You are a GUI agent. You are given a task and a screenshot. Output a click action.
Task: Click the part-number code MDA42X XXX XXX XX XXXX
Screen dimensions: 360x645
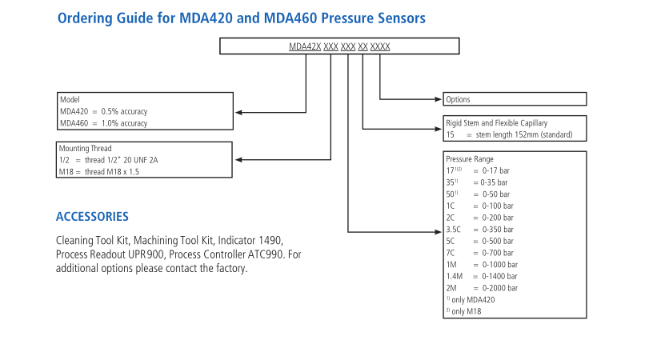tap(339, 47)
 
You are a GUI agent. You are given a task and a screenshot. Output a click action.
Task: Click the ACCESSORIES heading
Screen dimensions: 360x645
tap(92, 217)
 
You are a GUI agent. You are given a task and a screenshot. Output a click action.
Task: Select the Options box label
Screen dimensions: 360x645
tap(459, 99)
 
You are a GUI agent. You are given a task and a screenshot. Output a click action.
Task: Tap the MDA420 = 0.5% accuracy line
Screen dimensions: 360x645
tap(103, 111)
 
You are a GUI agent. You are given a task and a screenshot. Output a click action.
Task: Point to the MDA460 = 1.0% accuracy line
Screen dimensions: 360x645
tap(103, 123)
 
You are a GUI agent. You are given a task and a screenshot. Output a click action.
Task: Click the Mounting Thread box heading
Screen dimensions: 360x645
tap(85, 149)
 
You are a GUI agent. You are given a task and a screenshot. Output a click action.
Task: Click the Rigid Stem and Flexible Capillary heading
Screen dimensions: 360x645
tap(496, 123)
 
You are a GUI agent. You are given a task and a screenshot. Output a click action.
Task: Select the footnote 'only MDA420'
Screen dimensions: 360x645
tap(472, 299)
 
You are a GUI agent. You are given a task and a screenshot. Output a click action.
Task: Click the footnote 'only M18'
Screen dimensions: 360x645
tap(467, 310)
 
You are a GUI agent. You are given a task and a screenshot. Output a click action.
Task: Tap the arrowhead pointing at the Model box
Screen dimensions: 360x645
tap(238, 111)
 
